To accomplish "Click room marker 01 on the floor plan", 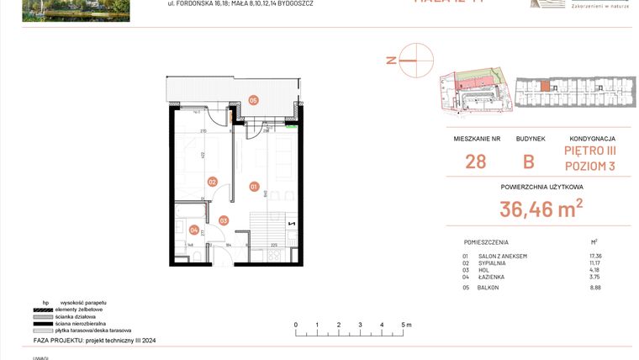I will coord(254,186).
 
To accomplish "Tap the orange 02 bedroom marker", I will coord(213,181).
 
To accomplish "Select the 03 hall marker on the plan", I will coord(224,220).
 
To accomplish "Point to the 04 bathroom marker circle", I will coord(194,230).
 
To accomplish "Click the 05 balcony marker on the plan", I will coord(253,100).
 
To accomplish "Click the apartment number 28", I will coord(475,161).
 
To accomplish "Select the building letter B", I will coord(529,161).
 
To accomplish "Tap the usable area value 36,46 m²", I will coord(541,209).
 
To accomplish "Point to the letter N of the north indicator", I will coord(390,60).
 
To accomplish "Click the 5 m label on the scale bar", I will coord(406,324).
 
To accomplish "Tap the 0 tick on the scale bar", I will coord(295,324).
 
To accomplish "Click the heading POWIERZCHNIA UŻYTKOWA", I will coord(541,187).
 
